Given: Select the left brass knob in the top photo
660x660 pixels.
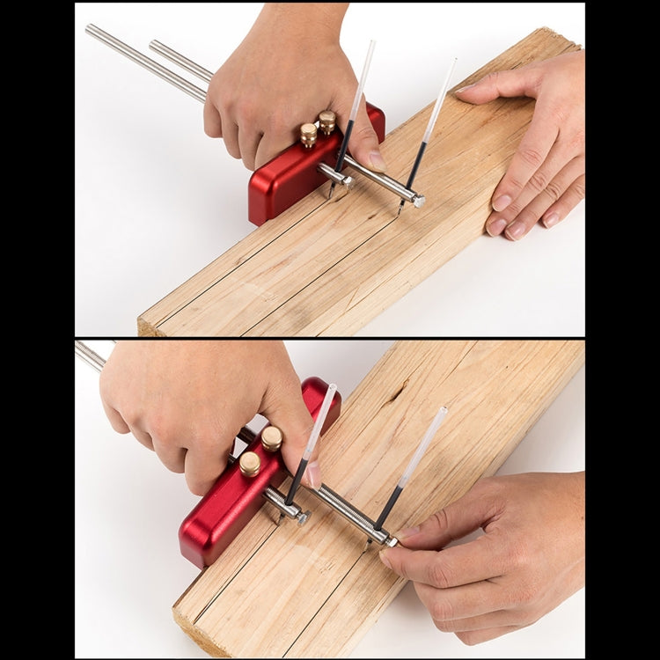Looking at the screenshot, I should (309, 134).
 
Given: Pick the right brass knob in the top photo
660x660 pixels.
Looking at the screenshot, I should (327, 121).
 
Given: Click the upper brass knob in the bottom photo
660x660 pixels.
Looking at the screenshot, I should (272, 437).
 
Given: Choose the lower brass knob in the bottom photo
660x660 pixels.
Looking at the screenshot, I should (251, 463).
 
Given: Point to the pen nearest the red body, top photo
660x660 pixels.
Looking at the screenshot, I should (350, 123).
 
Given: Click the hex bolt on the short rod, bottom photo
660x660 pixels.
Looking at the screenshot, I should (302, 518).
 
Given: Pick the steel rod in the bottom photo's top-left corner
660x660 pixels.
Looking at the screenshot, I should (89, 355).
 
